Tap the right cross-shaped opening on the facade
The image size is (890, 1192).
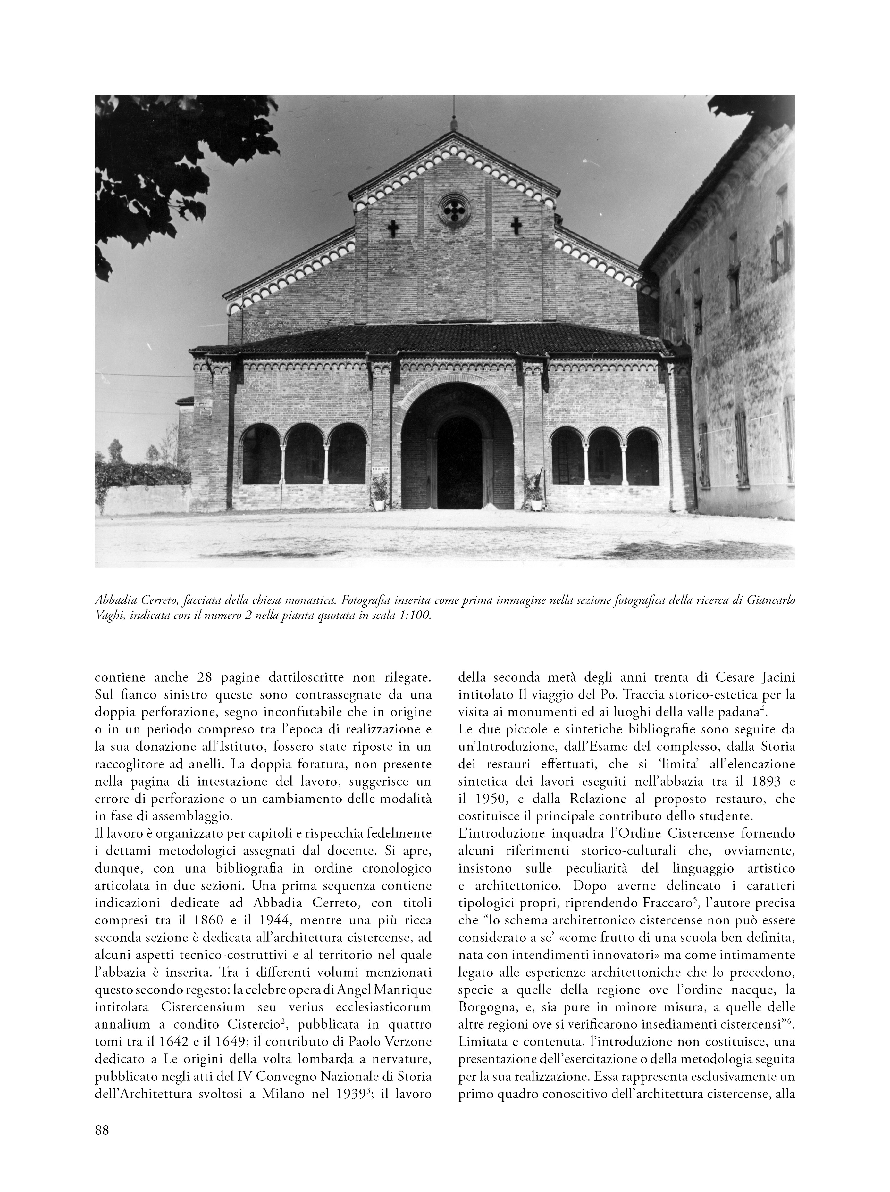516,226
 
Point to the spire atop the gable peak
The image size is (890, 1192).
454,116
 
